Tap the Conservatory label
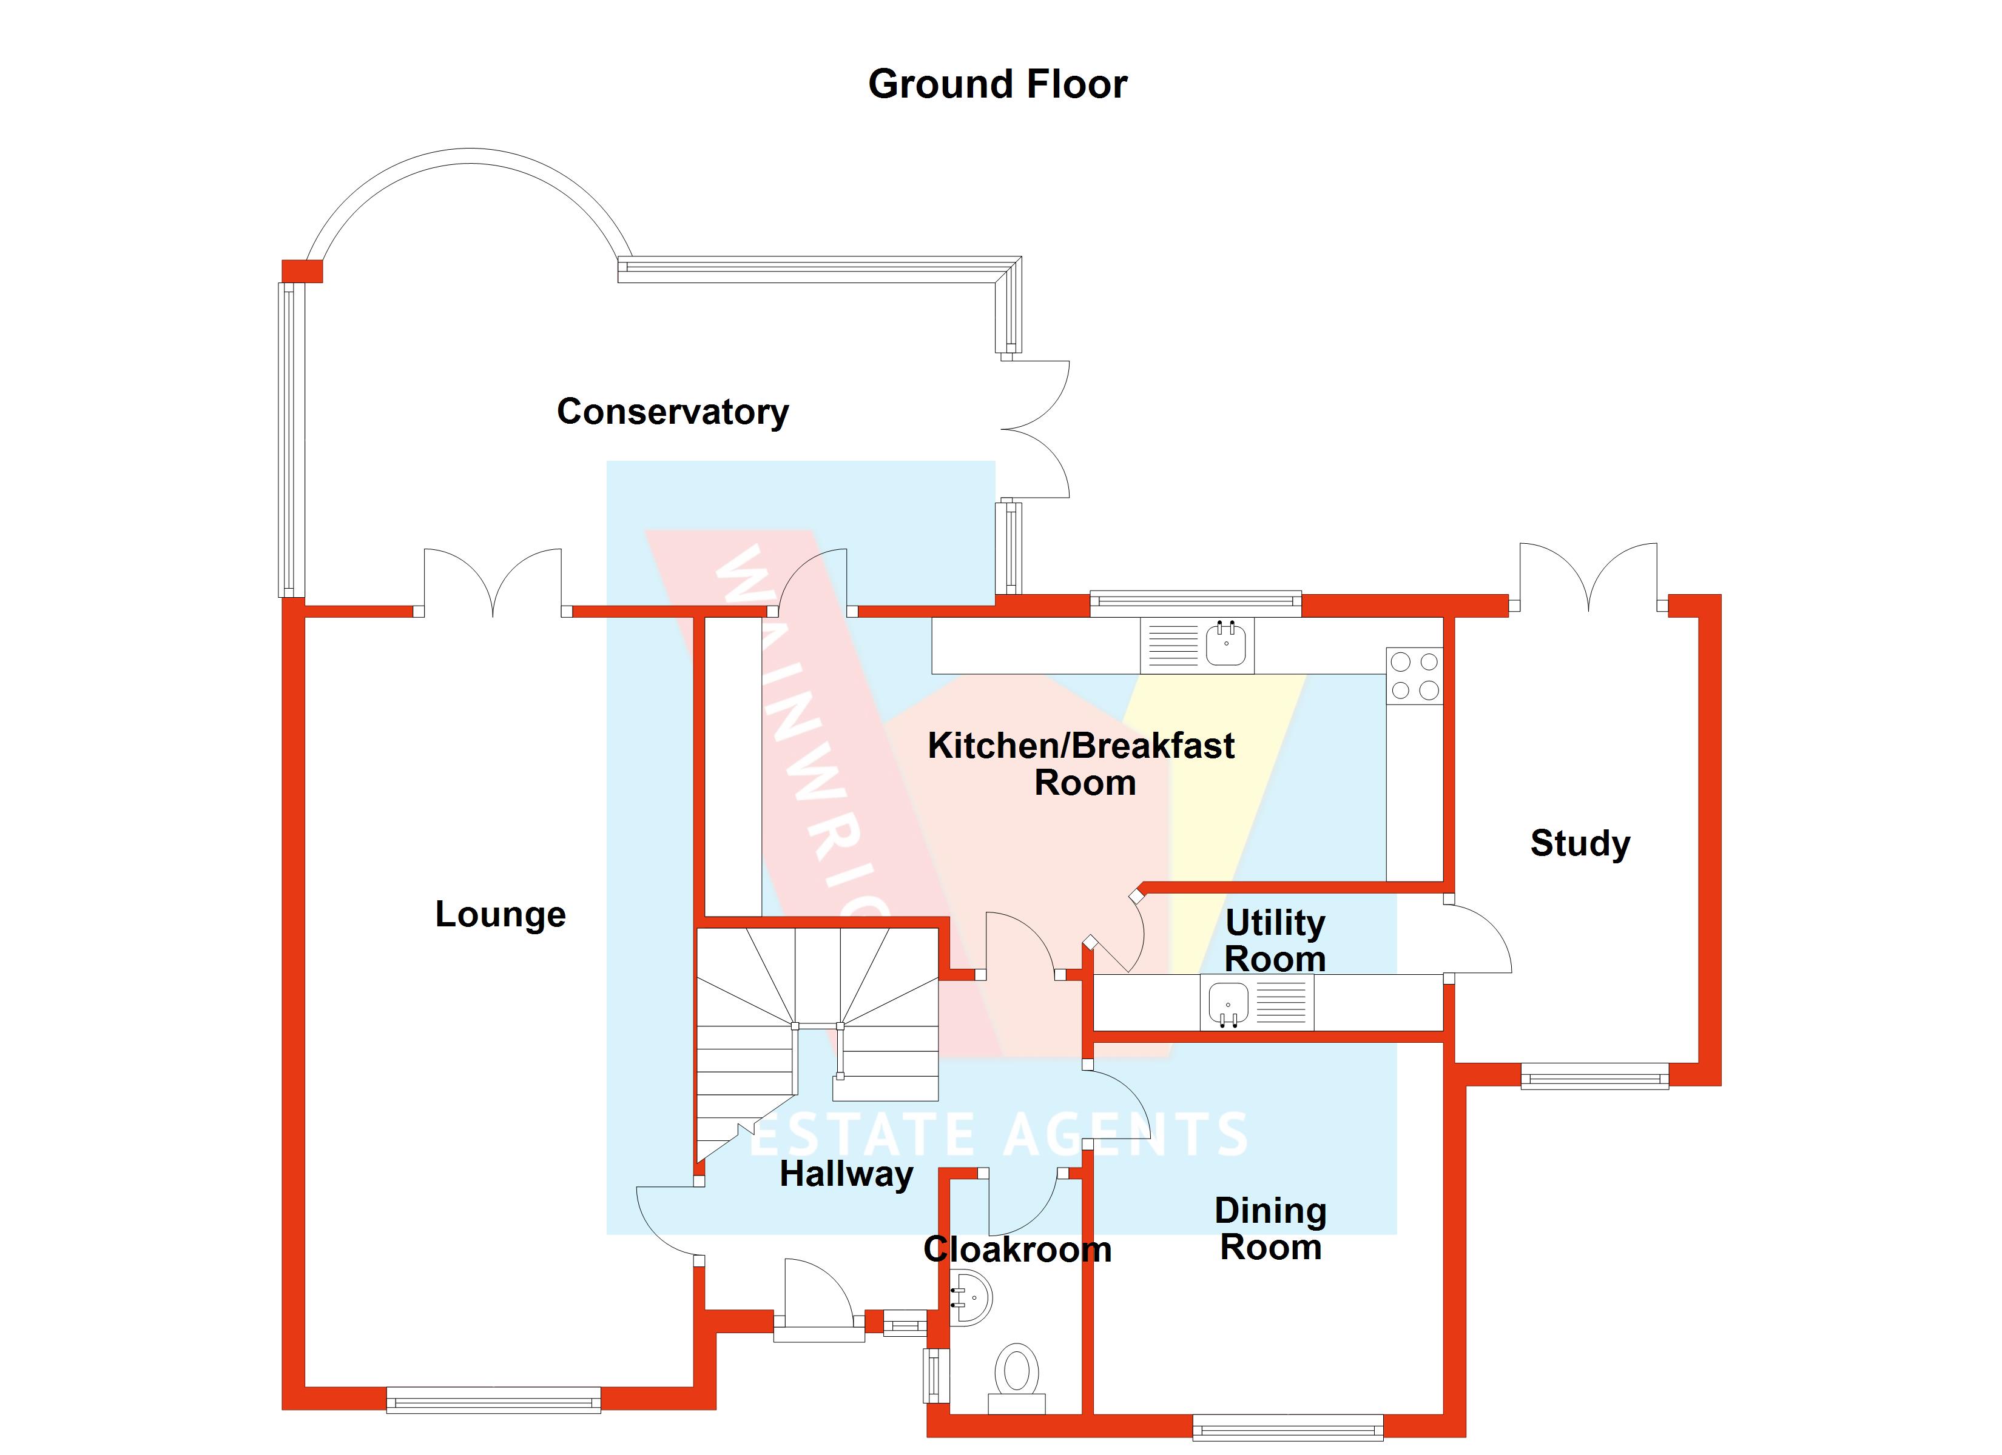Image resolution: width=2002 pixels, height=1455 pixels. point(673,412)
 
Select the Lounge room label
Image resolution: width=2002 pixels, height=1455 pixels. point(500,915)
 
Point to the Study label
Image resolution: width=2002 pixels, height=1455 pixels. point(1580,843)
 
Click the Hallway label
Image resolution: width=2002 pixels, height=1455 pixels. point(846,1174)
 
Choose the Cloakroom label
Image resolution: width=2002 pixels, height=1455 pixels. point(1017,1250)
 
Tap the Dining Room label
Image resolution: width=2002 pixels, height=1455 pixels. point(1270,1229)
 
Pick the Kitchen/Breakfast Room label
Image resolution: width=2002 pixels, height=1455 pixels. point(1081,764)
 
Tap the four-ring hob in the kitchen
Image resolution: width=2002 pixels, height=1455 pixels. point(1414,676)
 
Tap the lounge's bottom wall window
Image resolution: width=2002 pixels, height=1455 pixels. point(493,1399)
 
